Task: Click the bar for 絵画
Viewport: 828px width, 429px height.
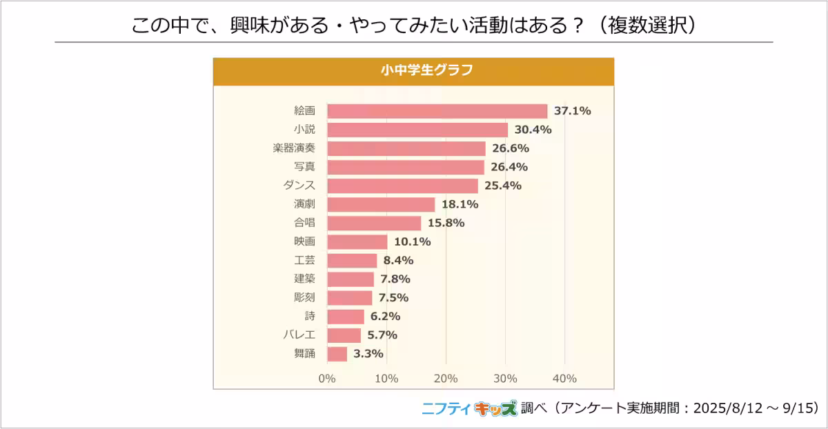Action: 437,111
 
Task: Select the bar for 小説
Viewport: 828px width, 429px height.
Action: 417,130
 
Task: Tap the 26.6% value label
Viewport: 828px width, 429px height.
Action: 510,148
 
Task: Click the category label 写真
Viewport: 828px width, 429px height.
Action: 304,167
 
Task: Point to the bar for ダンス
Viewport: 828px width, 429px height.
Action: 402,186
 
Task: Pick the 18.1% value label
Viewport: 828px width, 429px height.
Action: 460,204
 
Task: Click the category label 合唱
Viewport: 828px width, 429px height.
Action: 304,223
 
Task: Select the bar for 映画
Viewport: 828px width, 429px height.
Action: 357,241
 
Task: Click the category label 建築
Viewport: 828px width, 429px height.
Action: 304,279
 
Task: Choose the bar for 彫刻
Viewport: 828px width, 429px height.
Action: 349,297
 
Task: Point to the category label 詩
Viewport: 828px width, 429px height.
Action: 310,316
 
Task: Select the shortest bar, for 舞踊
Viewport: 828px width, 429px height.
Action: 337,353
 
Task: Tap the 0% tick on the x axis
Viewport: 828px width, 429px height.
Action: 327,379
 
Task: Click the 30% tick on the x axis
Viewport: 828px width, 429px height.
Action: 505,379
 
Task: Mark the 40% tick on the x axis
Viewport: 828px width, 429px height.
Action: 564,379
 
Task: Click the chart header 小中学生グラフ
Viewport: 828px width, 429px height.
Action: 413,70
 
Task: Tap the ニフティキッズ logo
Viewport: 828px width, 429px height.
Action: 469,408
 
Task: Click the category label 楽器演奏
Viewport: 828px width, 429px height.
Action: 294,148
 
